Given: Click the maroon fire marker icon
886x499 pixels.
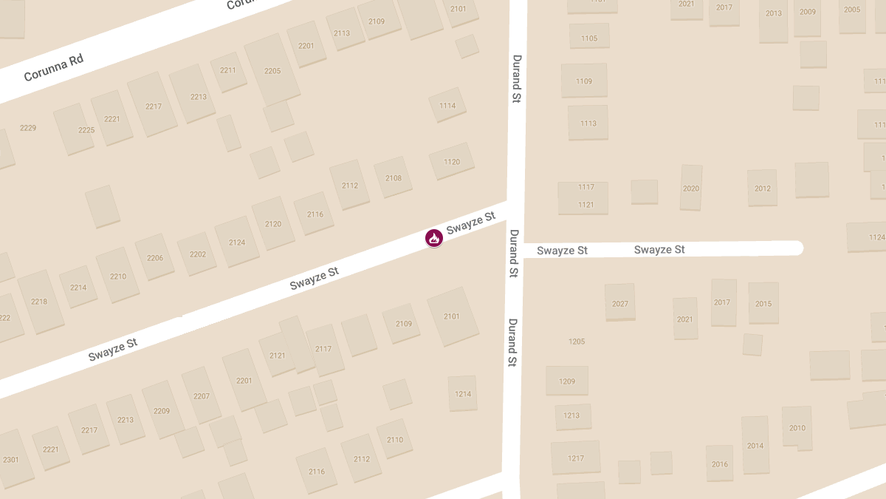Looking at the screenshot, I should point(434,238).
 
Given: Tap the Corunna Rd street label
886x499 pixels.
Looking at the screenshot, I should point(53,67).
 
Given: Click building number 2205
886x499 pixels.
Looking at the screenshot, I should point(272,71).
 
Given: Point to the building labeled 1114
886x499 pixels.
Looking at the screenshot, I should point(447,106).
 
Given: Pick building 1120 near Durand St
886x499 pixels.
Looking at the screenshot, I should point(452,162).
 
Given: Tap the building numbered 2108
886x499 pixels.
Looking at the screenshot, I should point(394,178).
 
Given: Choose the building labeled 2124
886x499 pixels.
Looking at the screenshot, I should point(237,242).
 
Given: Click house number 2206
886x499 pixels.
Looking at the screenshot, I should point(155,258).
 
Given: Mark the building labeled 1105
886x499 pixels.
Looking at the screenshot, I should point(589,38).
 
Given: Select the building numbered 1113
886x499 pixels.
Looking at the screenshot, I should point(588,123).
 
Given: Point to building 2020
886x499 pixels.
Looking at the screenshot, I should point(691,189).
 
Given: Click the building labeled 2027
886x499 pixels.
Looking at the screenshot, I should point(620,304).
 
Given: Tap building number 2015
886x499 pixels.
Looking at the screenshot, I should point(763,304).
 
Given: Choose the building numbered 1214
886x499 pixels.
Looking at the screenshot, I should point(463,394).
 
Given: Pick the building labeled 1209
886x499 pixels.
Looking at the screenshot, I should point(567,381).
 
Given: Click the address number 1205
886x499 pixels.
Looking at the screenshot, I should point(577,342).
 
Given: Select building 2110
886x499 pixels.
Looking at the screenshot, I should point(395,440).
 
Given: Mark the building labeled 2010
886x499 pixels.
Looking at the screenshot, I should point(797,428).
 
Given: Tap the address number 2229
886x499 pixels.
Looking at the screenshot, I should point(28,129).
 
